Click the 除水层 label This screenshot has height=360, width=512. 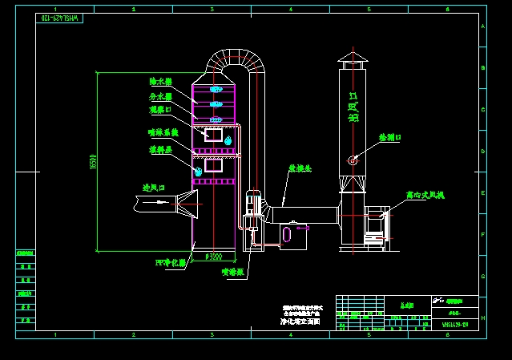click(x=160, y=82)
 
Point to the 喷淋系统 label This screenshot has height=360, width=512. click(x=163, y=132)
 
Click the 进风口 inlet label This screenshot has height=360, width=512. click(x=154, y=188)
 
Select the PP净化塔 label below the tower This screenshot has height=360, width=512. click(x=170, y=263)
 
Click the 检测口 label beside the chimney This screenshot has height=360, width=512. click(x=390, y=138)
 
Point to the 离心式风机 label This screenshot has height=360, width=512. click(x=425, y=195)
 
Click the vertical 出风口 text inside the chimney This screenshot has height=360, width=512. click(x=353, y=107)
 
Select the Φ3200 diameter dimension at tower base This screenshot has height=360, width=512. click(x=214, y=257)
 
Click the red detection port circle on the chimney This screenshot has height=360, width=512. click(x=353, y=160)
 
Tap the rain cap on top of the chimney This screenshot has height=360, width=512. click(x=352, y=58)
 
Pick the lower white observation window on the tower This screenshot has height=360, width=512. click(x=213, y=165)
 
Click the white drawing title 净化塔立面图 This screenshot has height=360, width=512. click(x=300, y=322)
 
